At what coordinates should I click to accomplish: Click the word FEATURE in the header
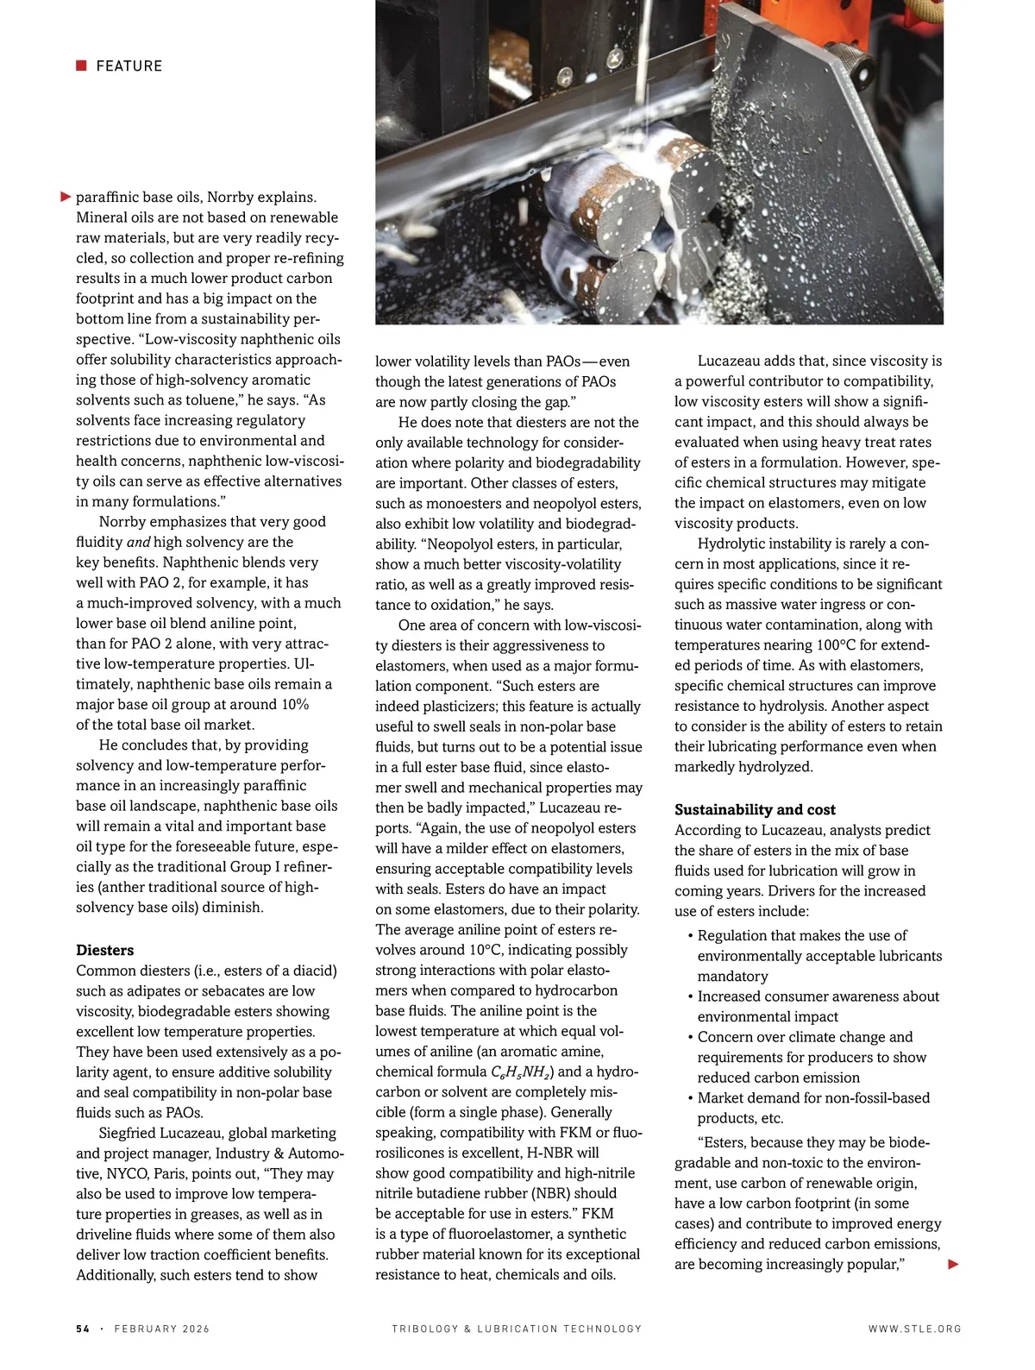129,66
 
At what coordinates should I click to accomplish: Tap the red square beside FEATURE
81,66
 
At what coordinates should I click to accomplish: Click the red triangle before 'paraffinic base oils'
66,197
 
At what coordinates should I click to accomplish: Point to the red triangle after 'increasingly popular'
953,1264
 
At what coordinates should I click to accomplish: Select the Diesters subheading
104,950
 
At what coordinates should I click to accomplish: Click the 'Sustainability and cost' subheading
755,809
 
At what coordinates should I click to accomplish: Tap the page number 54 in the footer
83,1329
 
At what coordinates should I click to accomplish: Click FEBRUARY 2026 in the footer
162,1329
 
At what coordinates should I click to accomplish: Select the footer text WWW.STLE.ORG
914,1329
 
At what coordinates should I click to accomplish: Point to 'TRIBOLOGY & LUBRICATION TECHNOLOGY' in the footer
517,1329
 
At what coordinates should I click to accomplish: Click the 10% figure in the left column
294,704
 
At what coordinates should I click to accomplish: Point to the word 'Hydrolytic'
733,544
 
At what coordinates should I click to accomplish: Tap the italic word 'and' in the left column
138,542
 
